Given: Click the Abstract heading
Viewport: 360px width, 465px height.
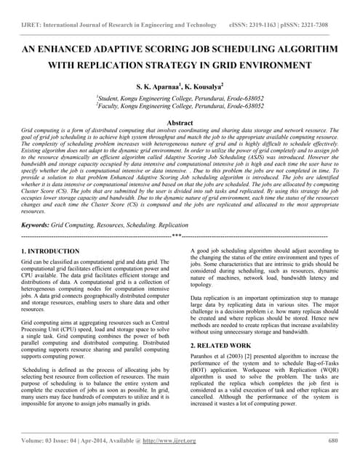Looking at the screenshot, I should click(180, 124).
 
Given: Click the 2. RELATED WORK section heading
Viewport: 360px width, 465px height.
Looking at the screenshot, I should click(220, 345).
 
